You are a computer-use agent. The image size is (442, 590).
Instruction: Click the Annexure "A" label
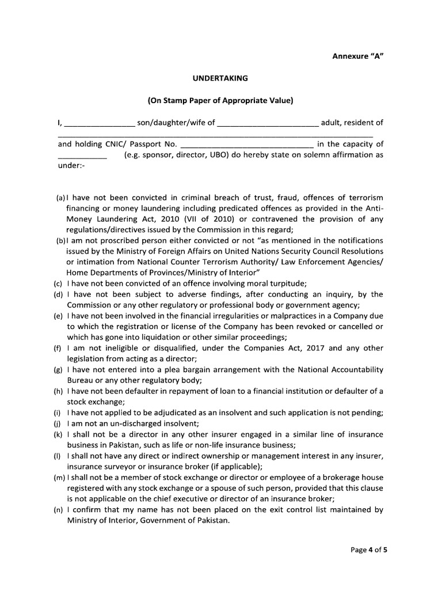pos(357,56)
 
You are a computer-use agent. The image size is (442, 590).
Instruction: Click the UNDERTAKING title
pos(220,77)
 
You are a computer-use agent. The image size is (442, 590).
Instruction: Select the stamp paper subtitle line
pos(220,100)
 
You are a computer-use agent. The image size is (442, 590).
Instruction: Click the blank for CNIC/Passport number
pos(247,144)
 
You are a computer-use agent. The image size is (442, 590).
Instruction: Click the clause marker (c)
pos(58,283)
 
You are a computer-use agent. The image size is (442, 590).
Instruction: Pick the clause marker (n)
pos(58,510)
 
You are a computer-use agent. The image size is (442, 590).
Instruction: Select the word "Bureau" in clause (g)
pos(81,380)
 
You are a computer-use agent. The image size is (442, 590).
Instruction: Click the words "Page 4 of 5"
pos(369,550)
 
